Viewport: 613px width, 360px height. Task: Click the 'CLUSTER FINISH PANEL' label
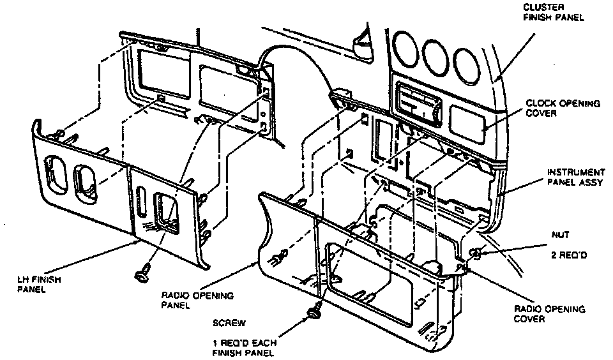[x=553, y=12]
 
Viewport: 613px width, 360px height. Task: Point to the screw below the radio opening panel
[x=314, y=313]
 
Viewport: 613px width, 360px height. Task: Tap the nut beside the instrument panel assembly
[x=477, y=254]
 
